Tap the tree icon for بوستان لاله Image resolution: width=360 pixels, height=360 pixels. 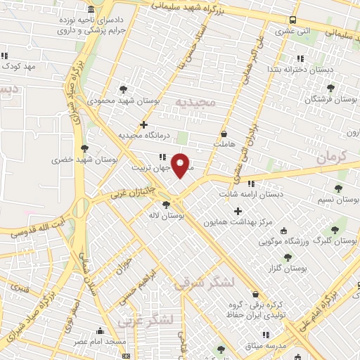pyautogui.click(x=166, y=205)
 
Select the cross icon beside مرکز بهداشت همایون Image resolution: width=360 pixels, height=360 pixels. pyautogui.click(x=238, y=211)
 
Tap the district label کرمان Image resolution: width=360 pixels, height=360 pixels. pyautogui.click(x=333, y=157)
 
